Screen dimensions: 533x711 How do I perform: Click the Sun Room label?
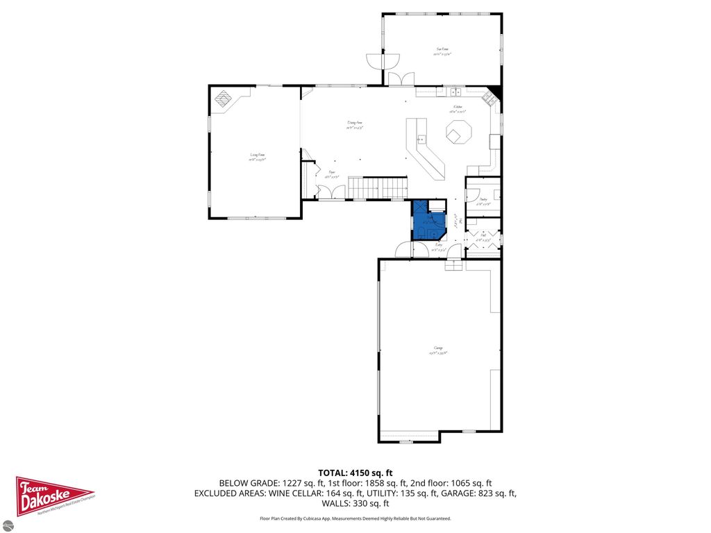pyautogui.click(x=442, y=50)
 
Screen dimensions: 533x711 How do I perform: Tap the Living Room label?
pyautogui.click(x=258, y=157)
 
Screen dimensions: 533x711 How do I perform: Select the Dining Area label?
pyautogui.click(x=355, y=126)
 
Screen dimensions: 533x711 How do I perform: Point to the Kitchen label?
pyautogui.click(x=457, y=108)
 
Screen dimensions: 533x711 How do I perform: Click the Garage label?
pyautogui.click(x=439, y=350)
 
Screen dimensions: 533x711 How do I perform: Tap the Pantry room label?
pyautogui.click(x=483, y=201)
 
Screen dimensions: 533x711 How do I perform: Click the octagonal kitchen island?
pyautogui.click(x=458, y=133)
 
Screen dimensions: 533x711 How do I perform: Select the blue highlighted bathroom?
pyautogui.click(x=428, y=221)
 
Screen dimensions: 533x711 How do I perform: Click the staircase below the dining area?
pyautogui.click(x=376, y=187)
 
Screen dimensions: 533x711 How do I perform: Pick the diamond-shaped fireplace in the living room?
pyautogui.click(x=224, y=99)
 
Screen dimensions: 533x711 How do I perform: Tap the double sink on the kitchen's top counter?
pyautogui.click(x=455, y=91)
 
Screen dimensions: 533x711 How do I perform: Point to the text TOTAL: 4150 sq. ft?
pyautogui.click(x=355, y=473)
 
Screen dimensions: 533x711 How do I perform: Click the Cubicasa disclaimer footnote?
pyautogui.click(x=355, y=518)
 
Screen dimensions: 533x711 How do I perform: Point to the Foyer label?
pyautogui.click(x=333, y=174)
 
